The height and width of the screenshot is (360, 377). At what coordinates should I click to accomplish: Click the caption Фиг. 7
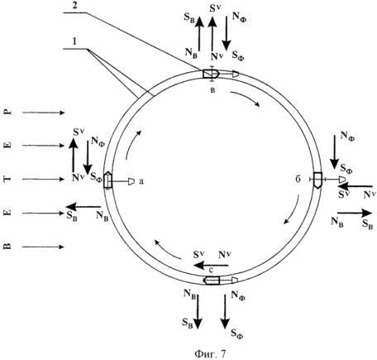tap(210, 353)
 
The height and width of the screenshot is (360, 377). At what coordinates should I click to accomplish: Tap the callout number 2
tap(74, 6)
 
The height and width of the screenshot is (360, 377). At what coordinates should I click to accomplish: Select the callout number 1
tap(74, 41)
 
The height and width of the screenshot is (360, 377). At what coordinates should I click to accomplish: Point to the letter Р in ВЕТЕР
tap(8, 113)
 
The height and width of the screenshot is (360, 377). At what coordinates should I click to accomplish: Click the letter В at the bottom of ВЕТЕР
tap(8, 247)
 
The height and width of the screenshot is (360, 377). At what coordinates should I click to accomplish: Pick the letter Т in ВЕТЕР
tap(8, 180)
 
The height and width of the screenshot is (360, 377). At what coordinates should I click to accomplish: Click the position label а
tap(141, 181)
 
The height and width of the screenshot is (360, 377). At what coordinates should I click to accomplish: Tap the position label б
tap(298, 179)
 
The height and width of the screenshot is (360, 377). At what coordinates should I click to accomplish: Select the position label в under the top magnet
tap(212, 90)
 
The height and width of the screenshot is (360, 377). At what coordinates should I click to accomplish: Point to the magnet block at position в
tap(211, 74)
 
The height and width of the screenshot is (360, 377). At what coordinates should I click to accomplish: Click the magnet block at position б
tap(318, 180)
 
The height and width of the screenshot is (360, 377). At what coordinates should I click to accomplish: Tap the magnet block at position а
tap(107, 180)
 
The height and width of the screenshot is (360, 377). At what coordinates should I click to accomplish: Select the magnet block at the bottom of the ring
tap(212, 281)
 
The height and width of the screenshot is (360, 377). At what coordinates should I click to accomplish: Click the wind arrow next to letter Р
tap(44, 113)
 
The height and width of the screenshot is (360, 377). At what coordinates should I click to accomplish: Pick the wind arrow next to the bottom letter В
tap(44, 247)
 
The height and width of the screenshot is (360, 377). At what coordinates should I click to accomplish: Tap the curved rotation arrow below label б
tap(293, 210)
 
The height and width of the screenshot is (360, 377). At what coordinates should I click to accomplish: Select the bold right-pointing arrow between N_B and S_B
tap(355, 213)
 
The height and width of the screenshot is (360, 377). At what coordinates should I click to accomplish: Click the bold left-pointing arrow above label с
tap(211, 266)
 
